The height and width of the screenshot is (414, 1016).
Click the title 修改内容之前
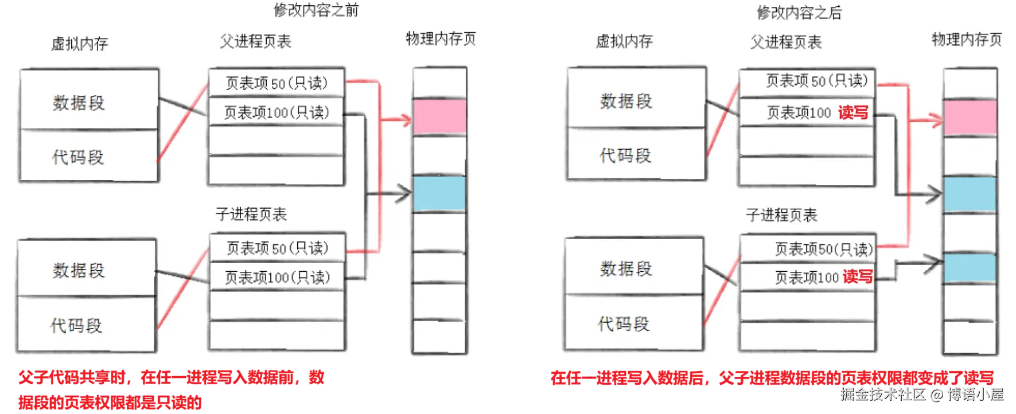point(316,10)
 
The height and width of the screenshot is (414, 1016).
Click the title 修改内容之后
point(799,13)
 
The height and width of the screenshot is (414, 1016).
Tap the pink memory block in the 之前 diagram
point(439,117)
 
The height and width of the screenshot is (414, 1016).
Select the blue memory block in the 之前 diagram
point(439,194)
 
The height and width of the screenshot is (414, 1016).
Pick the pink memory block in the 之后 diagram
point(970,118)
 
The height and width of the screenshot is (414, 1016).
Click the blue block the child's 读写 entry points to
point(970,268)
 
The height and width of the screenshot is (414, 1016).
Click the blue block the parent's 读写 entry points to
point(970,195)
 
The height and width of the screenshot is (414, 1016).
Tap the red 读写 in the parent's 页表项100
point(853,112)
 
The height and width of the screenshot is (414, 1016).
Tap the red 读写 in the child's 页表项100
point(858,278)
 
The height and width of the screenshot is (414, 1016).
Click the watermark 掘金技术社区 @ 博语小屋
point(921,394)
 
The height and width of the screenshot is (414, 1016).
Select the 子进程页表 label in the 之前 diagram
point(251,214)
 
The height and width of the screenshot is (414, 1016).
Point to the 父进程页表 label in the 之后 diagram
point(786,42)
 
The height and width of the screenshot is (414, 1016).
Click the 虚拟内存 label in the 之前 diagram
point(80,44)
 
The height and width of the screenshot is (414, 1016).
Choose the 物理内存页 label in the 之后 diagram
point(967,40)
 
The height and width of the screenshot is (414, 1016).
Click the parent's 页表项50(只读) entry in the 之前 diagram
point(277,84)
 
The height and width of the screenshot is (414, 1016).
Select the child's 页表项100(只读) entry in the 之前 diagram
point(277,278)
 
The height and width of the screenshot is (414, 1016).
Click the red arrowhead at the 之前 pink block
point(406,120)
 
